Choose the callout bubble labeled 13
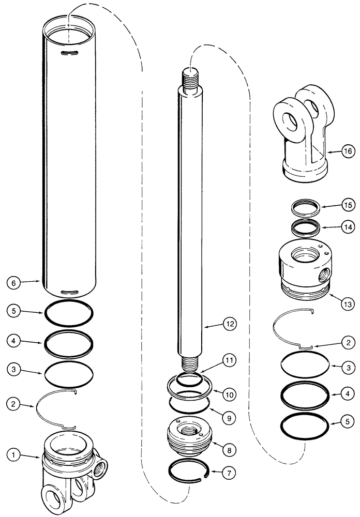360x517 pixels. click(x=347, y=303)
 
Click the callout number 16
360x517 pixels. click(x=347, y=151)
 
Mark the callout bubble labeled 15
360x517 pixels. click(x=347, y=206)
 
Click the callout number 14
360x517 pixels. click(x=347, y=226)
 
